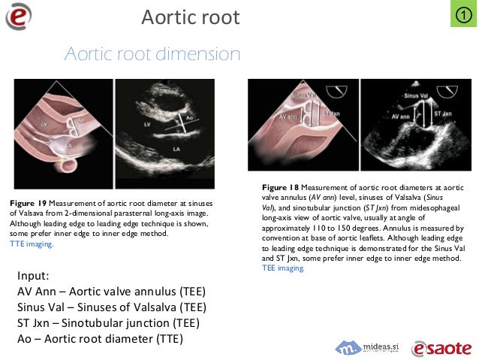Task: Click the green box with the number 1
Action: pos(463,15)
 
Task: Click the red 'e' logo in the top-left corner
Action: pos(19,17)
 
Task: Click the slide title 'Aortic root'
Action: pos(190,17)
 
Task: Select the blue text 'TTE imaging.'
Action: pos(32,244)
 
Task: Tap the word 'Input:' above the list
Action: pos(34,274)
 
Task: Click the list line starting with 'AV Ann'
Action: pos(111,291)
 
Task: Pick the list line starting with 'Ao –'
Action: pos(101,338)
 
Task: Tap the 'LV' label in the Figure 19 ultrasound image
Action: pos(147,123)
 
